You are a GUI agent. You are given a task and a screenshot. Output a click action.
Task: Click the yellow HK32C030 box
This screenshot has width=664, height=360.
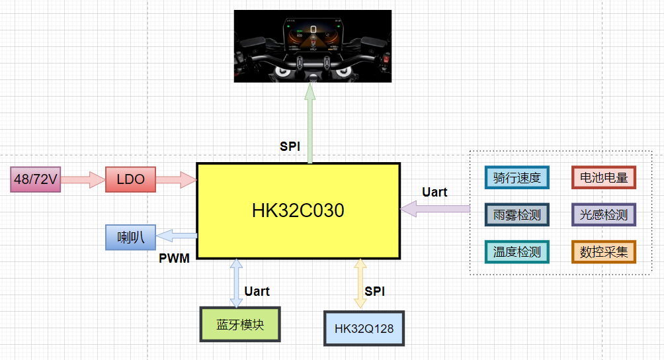[x=298, y=210]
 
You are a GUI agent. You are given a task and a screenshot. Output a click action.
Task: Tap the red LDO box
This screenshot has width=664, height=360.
[x=130, y=179]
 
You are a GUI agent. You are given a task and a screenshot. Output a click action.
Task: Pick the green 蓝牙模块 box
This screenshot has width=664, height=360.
[x=240, y=324]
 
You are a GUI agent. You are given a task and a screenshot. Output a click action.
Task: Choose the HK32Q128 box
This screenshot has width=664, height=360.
[x=364, y=328]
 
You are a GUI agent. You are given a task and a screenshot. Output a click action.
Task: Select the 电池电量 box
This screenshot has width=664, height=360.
[x=603, y=177]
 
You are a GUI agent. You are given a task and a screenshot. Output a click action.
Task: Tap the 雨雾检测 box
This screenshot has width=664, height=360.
[x=517, y=214]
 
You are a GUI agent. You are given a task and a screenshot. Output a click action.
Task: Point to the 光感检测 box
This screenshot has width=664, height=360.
[x=603, y=214]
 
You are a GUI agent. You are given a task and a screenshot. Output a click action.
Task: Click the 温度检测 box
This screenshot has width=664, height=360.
[x=517, y=251]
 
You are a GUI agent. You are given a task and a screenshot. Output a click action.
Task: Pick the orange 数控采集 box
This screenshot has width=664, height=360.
[x=603, y=251]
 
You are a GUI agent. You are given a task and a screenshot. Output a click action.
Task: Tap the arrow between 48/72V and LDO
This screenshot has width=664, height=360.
[x=84, y=179]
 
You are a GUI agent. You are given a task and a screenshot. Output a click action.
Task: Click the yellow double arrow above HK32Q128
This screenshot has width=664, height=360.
[x=360, y=283]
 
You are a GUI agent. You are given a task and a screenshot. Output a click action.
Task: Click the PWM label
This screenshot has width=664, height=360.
[x=174, y=258]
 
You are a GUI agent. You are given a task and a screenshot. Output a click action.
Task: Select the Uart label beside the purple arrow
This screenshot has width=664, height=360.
[x=435, y=192]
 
